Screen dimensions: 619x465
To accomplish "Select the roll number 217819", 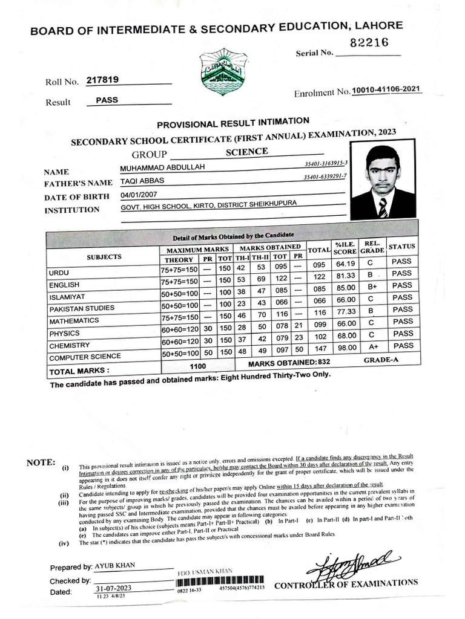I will [x=102, y=80].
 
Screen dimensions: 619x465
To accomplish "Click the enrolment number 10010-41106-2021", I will [x=387, y=90].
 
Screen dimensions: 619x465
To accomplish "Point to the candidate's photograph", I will [x=383, y=182].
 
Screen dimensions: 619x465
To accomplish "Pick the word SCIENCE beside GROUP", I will [x=246, y=152].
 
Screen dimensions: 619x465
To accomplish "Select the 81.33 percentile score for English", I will [x=345, y=274].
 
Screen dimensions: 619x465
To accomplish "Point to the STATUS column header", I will [x=401, y=246].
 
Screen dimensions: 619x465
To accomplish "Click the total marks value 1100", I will [x=198, y=366].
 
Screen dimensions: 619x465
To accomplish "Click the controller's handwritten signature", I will [x=349, y=565].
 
